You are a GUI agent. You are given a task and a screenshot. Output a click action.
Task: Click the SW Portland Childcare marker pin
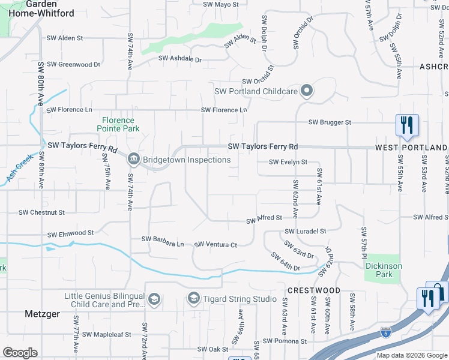pyautogui.click(x=307, y=91)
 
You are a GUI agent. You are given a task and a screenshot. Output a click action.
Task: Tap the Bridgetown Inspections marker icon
pyautogui.click(x=133, y=159)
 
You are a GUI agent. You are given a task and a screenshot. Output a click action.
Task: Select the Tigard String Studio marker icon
pyautogui.click(x=193, y=298)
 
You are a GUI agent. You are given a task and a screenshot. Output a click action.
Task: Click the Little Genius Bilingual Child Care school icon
pyautogui.click(x=154, y=299)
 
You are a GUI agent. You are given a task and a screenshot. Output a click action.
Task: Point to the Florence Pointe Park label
pyautogui.click(x=120, y=124)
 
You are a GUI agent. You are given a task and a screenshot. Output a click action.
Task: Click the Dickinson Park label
pyautogui.click(x=383, y=270)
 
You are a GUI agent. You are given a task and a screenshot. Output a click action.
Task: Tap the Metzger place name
pyautogui.click(x=43, y=313)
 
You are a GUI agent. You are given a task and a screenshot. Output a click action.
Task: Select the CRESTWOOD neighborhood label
pyautogui.click(x=313, y=290)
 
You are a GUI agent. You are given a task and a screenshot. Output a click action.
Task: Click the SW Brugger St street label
pyautogui.click(x=330, y=122)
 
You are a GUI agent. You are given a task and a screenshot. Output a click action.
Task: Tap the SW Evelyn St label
pyautogui.click(x=288, y=162)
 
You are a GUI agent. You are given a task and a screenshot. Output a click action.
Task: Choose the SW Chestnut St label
pyautogui.click(x=41, y=212)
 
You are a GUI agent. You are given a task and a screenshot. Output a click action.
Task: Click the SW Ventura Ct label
pyautogui.click(x=216, y=245)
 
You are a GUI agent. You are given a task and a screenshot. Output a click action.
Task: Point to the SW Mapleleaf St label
pyautogui.click(x=106, y=334)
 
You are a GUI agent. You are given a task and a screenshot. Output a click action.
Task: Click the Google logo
pyautogui.click(x=20, y=353)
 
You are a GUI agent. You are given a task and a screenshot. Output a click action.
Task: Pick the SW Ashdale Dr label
pyautogui.click(x=180, y=59)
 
